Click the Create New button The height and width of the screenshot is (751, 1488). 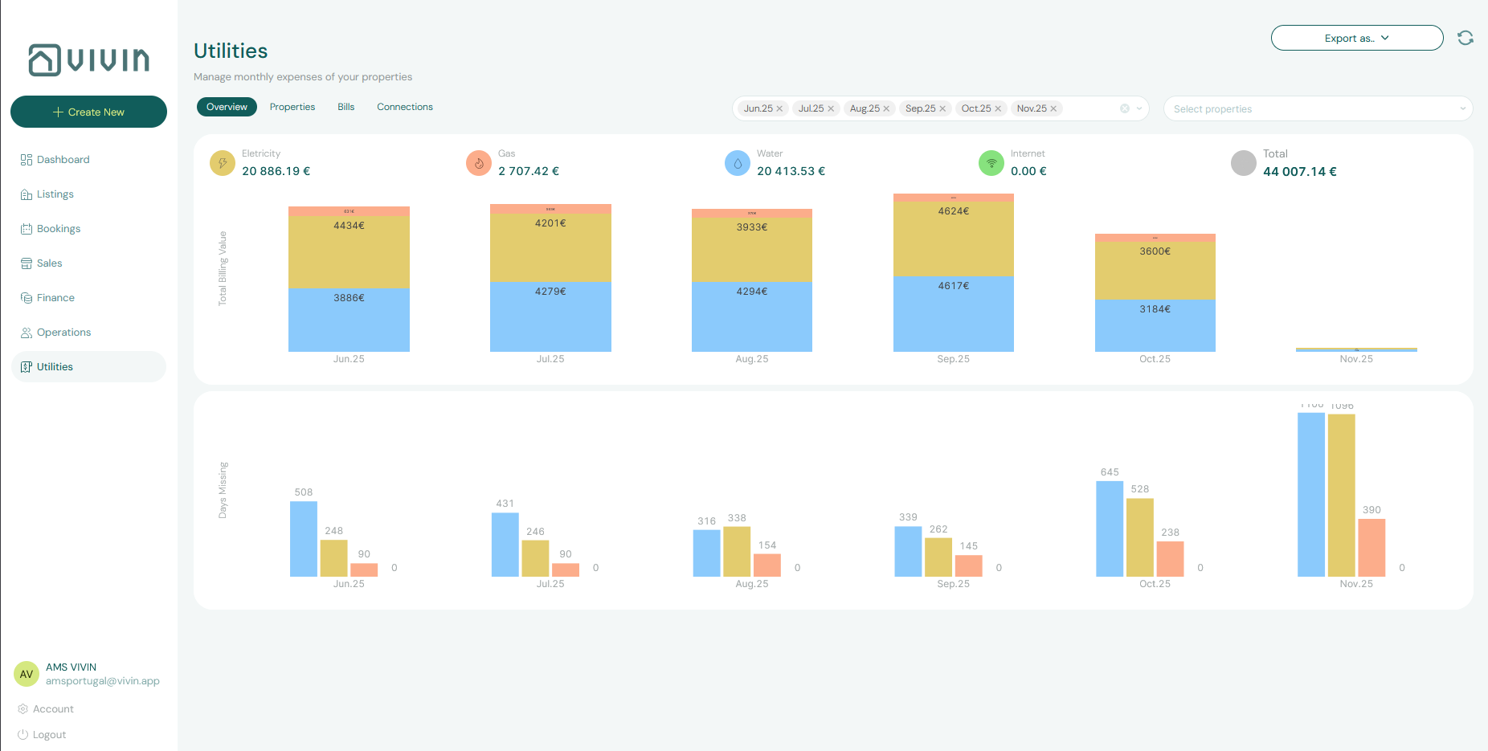(x=88, y=112)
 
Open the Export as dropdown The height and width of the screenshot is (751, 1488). (x=1356, y=38)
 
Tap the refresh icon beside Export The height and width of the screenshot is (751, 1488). (x=1465, y=38)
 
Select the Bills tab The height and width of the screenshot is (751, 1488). (x=345, y=107)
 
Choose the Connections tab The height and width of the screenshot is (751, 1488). (x=404, y=107)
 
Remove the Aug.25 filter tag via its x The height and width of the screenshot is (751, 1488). (x=886, y=108)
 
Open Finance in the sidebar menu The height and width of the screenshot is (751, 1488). (x=55, y=297)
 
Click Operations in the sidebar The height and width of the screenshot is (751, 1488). (x=63, y=332)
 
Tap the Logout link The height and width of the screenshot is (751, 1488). (x=49, y=734)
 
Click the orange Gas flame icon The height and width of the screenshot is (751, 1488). (x=479, y=163)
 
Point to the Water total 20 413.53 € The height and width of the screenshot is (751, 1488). (x=791, y=171)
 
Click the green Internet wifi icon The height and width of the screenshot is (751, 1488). (x=991, y=163)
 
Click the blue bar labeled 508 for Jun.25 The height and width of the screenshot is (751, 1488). (x=304, y=538)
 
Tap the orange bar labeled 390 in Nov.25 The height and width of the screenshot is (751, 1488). (x=1371, y=547)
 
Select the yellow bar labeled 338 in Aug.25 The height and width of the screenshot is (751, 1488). (x=737, y=551)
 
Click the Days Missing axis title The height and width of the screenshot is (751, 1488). (x=223, y=490)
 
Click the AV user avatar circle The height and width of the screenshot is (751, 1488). (x=27, y=674)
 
